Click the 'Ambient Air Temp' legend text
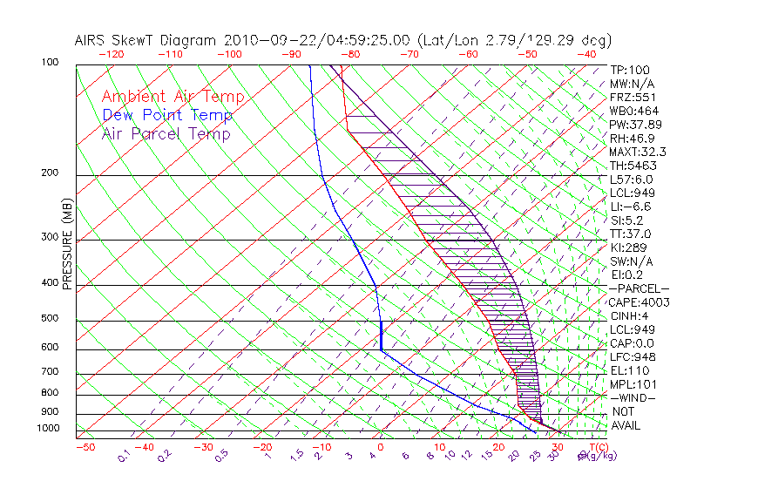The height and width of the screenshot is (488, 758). (173, 97)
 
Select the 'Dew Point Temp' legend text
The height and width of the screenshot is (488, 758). (167, 115)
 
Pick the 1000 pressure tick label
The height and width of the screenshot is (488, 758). (49, 428)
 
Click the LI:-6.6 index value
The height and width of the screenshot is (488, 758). (631, 207)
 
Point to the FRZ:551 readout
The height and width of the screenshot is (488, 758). (633, 97)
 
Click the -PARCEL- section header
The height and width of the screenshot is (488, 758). (640, 288)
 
